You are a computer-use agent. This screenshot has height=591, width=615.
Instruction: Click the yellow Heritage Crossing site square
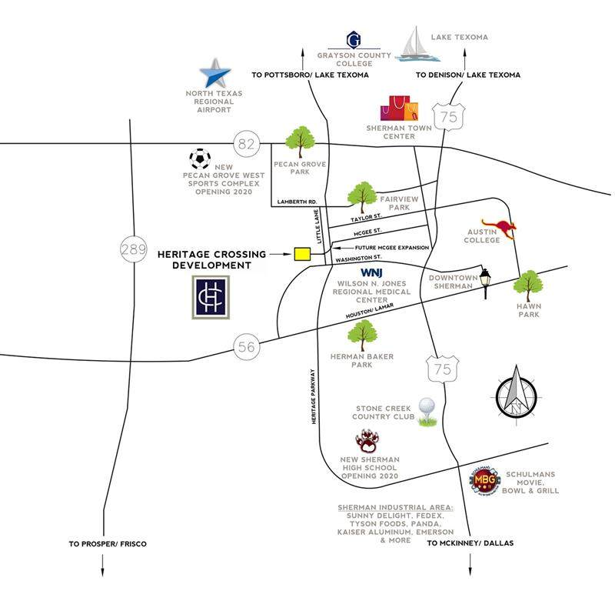301,253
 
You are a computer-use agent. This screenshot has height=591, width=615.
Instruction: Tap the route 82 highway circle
244,142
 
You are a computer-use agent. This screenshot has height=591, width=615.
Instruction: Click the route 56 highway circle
246,347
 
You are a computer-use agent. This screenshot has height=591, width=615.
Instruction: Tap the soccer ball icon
200,159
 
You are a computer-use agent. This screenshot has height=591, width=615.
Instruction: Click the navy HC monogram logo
211,297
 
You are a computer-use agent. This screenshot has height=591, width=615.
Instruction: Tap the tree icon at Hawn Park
528,286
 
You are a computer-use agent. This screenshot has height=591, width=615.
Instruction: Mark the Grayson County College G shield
354,39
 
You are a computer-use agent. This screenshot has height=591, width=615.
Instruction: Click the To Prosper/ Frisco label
107,543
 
